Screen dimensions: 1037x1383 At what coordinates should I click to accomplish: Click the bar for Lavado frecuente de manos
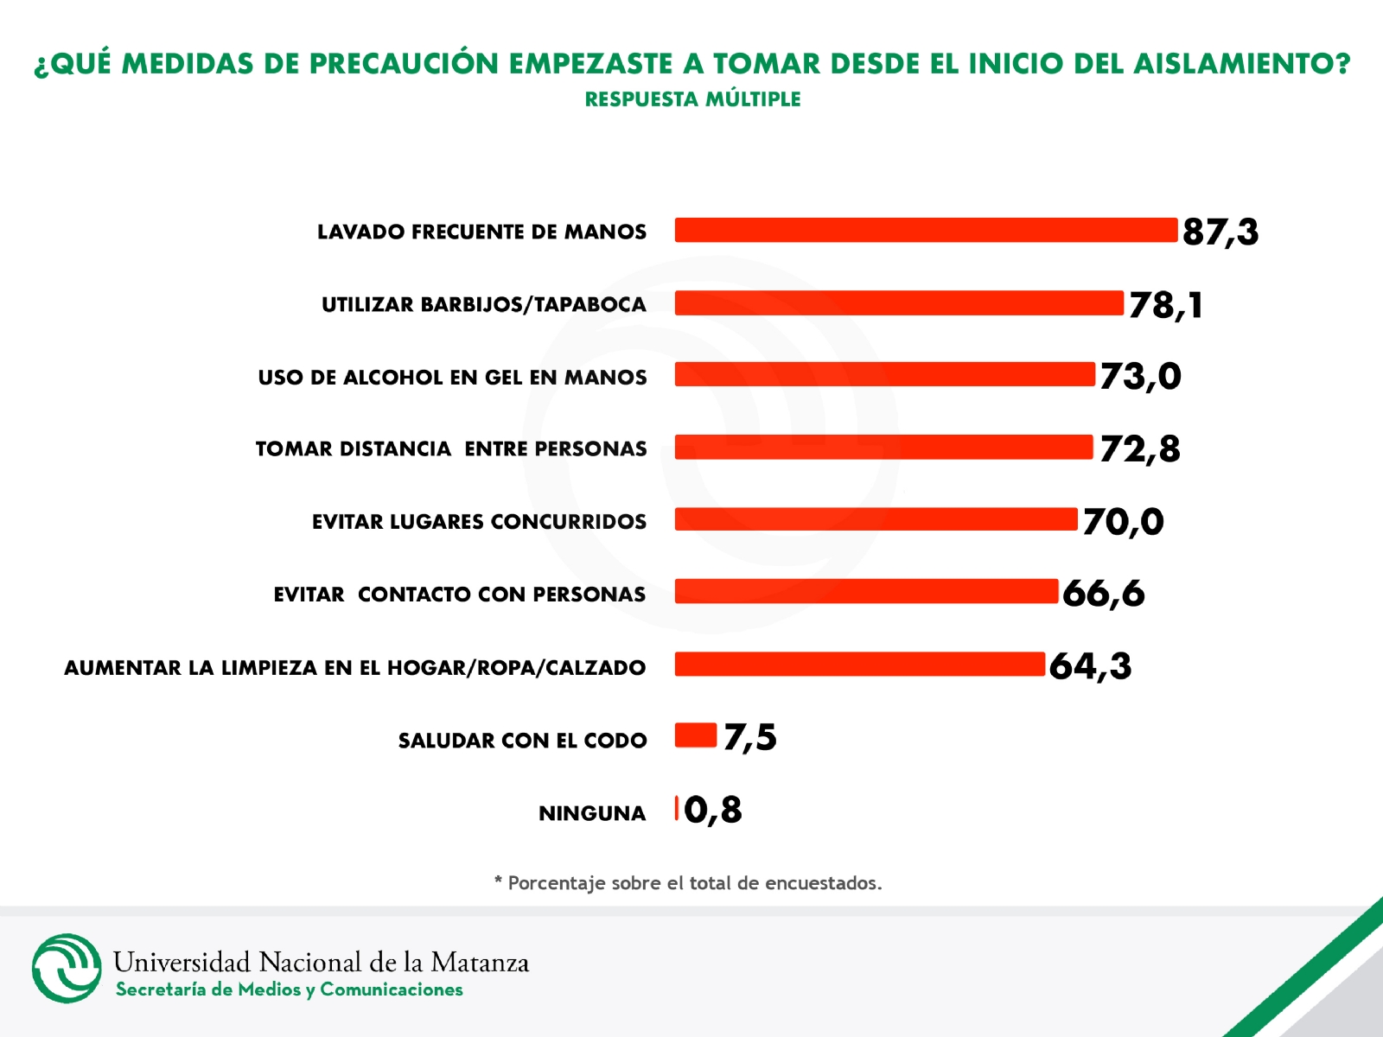coord(925,230)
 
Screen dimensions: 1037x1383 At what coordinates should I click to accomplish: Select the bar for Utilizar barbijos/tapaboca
coord(899,303)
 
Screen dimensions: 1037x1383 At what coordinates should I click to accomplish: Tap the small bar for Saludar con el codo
coord(696,735)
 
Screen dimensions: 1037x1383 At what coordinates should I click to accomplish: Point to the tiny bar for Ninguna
coord(677,808)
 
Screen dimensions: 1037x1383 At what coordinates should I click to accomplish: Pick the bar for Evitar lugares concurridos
coord(876,519)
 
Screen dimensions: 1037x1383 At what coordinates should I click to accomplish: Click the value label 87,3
coord(1220,232)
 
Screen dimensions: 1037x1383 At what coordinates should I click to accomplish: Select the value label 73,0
coord(1140,376)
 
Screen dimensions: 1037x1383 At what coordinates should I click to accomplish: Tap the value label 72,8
coord(1139,449)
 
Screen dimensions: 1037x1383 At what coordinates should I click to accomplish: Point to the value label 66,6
coord(1103,594)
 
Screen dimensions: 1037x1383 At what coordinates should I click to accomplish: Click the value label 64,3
coord(1090,666)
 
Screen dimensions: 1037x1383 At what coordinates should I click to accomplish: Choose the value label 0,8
coord(712,811)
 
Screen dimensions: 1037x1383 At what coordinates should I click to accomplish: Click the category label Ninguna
coord(592,813)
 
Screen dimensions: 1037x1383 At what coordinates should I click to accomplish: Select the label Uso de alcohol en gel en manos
coord(452,378)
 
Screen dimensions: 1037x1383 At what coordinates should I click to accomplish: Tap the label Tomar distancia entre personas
coord(451,449)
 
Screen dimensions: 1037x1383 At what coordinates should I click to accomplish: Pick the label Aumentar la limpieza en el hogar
coord(354,668)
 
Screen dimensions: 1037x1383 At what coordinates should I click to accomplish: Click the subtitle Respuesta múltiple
coord(692,99)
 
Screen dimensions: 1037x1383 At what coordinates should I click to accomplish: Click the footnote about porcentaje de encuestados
coord(688,883)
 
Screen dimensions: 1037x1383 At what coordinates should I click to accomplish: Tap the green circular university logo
coord(67,968)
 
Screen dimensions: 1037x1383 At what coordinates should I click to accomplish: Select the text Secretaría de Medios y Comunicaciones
coord(290,990)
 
